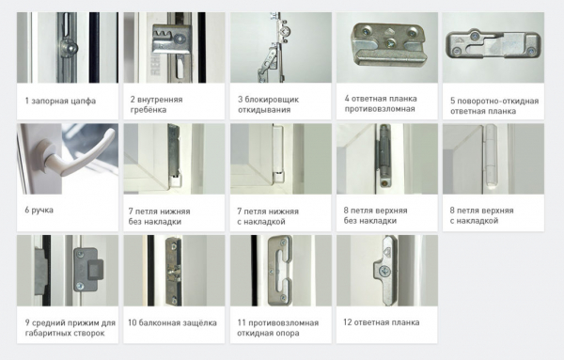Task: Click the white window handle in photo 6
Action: tap(82, 156)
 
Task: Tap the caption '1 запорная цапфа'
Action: tap(60, 102)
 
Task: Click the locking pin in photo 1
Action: tap(69, 48)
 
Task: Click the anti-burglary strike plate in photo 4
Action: tap(387, 43)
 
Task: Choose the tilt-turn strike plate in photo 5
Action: tap(493, 44)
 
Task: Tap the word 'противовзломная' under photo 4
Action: tap(380, 109)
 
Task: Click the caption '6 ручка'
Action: tap(39, 210)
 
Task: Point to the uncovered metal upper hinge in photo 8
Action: tap(384, 155)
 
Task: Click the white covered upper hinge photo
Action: tap(493, 159)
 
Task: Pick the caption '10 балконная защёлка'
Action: tap(172, 323)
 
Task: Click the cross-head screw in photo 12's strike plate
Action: tap(384, 271)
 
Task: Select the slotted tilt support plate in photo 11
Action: tap(280, 270)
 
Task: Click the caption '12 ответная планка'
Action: tap(382, 322)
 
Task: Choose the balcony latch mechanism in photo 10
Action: tap(173, 272)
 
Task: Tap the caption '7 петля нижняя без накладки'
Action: tap(159, 216)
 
